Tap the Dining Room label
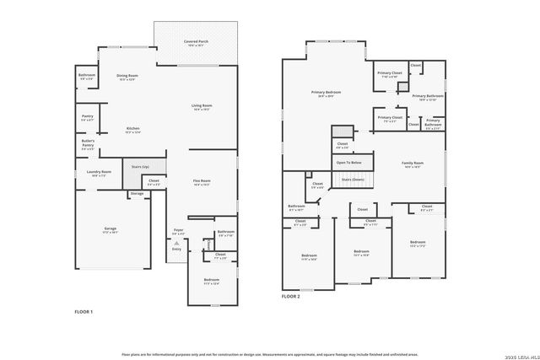pyautogui.click(x=127, y=78)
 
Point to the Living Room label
pyautogui.click(x=202, y=107)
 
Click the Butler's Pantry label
pyautogui.click(x=88, y=143)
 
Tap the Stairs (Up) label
pyautogui.click(x=139, y=167)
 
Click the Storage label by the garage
pyautogui.click(x=137, y=193)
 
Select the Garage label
pyautogui.click(x=111, y=228)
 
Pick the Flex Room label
pyautogui.click(x=201, y=182)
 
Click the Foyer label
pyautogui.click(x=178, y=231)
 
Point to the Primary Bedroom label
pyautogui.click(x=322, y=94)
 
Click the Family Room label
pyautogui.click(x=413, y=164)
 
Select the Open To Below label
pyautogui.click(x=348, y=162)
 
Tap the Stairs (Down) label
pyautogui.click(x=353, y=180)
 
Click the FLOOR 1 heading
pyautogui.click(x=84, y=312)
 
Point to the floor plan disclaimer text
pyautogui.click(x=270, y=354)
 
